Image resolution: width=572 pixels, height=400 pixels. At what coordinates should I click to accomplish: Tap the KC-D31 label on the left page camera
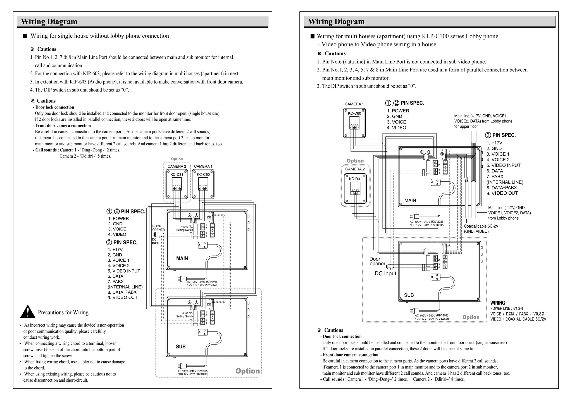177,175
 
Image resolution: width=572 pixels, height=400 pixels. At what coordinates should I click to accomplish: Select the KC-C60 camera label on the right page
354,113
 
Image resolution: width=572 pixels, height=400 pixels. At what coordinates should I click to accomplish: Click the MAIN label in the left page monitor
182,258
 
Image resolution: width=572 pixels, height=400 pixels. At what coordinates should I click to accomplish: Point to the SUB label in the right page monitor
409,295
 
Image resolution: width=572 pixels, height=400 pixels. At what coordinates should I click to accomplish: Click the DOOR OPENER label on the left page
158,228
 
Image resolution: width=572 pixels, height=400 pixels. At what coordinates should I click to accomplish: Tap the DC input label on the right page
385,274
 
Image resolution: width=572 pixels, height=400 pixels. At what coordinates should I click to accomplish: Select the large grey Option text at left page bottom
247,371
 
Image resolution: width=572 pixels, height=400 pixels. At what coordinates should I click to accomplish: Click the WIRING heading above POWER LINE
497,303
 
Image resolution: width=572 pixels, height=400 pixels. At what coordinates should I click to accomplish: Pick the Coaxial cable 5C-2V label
481,226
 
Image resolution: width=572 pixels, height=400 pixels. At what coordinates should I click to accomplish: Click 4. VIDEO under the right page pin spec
396,128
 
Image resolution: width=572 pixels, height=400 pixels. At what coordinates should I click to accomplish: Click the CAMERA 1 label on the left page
203,166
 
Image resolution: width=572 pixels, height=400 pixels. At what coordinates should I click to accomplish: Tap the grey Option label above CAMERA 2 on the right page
355,161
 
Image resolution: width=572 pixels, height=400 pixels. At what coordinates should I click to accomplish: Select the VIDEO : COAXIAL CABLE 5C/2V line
518,319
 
